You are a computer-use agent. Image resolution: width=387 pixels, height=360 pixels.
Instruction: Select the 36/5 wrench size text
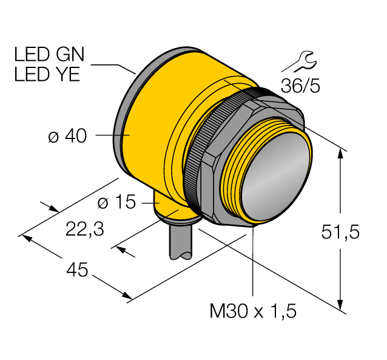(300, 86)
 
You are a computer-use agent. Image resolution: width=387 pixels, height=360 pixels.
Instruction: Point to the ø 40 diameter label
(67, 137)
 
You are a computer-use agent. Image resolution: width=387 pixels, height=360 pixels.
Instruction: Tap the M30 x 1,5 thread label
(252, 311)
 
